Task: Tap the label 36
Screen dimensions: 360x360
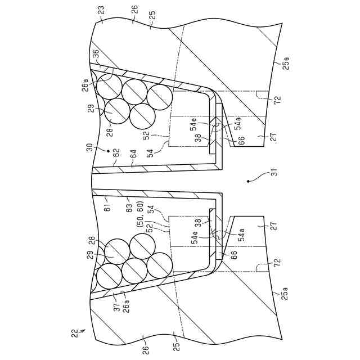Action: click(x=96, y=54)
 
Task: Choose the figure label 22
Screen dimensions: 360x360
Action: click(x=75, y=334)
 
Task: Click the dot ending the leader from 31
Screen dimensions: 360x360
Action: click(x=247, y=181)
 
